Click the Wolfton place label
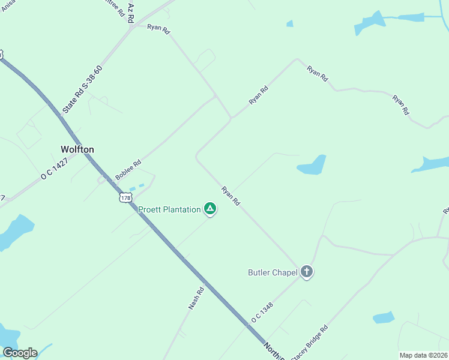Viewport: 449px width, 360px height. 77,149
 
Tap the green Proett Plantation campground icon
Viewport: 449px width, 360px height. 210,209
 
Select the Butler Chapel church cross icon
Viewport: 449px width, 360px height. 307,272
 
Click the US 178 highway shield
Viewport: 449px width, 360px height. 125,197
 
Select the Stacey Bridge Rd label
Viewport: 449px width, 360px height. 309,343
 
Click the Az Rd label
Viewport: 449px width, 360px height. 131,11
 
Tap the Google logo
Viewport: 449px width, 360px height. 19,353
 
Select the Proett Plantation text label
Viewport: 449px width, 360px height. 169,209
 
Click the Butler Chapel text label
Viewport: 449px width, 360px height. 273,272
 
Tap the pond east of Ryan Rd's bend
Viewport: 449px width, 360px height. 312,166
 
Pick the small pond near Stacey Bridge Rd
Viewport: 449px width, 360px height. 384,317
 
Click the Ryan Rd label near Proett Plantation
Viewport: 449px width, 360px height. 231,196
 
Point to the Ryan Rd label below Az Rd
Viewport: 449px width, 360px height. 159,28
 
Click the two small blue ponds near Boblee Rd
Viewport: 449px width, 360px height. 137,187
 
